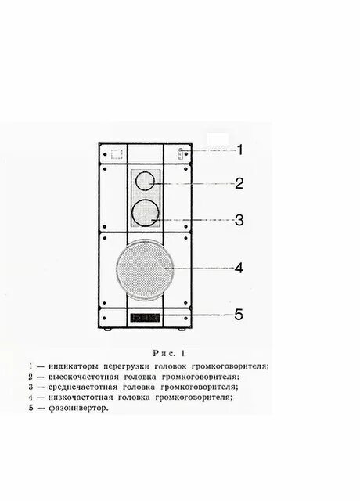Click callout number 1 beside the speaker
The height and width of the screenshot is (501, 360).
point(241,150)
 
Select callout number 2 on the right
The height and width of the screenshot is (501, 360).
point(240,184)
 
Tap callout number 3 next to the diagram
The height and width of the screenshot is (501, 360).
point(240,220)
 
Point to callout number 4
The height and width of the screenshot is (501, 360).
point(239,268)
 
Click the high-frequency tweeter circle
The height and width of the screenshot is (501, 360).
point(146,182)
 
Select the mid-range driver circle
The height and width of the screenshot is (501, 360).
point(146,211)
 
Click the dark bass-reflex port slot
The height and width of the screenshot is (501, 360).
point(146,318)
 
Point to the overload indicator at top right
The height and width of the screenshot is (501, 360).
point(180,154)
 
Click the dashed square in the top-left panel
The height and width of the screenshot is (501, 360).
point(115,154)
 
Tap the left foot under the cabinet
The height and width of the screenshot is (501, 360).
point(106,332)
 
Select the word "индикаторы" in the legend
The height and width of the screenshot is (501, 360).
point(71,365)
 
